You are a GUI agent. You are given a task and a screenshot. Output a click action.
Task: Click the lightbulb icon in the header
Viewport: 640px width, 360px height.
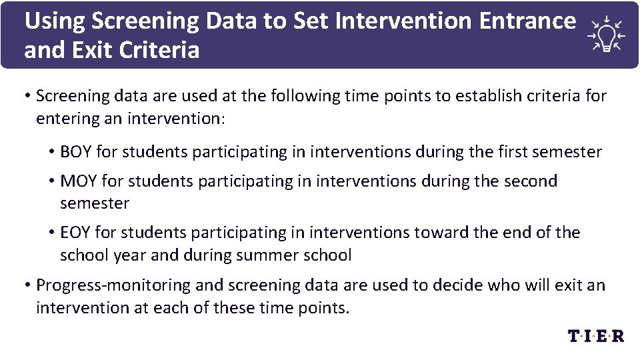[x=605, y=35]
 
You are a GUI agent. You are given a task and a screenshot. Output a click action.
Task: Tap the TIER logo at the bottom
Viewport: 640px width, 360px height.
[x=596, y=336]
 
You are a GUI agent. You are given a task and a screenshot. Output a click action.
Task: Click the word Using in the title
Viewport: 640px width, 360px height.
[x=55, y=21]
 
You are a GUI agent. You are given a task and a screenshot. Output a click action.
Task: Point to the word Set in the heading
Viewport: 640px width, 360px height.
[x=314, y=21]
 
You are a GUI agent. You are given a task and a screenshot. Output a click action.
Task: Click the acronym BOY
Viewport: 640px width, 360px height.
[x=76, y=152]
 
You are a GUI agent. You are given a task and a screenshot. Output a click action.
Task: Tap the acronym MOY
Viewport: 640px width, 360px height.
[x=77, y=181]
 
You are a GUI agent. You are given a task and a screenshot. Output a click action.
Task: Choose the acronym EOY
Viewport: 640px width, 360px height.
[x=76, y=233]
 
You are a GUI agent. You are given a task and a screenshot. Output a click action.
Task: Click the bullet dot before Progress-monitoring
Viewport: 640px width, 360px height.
[x=27, y=285]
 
